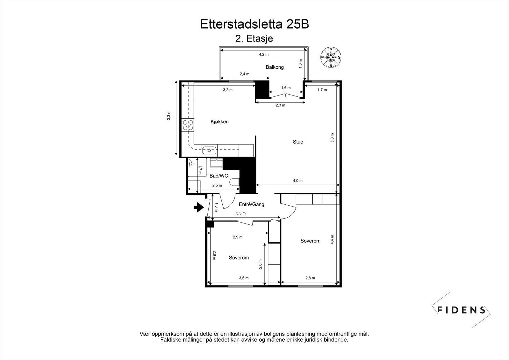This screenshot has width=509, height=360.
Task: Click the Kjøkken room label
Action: (x=220, y=122)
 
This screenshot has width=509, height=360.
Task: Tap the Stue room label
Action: (x=298, y=142)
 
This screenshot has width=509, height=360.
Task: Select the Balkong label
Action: (x=275, y=67)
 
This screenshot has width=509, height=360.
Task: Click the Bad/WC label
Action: (x=219, y=176)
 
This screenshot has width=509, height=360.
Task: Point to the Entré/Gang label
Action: (x=252, y=204)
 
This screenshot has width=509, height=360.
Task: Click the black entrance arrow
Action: (x=199, y=208)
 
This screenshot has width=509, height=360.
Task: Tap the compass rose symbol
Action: (x=331, y=58)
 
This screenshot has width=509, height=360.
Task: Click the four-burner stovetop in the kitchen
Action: (x=187, y=125)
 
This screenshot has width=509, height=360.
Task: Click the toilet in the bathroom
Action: (x=235, y=182)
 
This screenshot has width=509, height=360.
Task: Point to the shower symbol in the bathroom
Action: (x=191, y=163)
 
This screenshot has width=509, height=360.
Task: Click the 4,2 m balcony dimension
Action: (x=263, y=54)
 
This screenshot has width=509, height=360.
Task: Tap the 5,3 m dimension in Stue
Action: (x=332, y=138)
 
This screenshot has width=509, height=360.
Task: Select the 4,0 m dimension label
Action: (x=297, y=181)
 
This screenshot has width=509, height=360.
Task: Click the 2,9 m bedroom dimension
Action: (x=237, y=237)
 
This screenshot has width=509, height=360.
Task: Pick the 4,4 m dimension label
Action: (x=332, y=239)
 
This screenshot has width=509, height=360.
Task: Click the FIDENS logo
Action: (x=462, y=310)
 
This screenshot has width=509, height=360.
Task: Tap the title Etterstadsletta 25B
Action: (x=254, y=25)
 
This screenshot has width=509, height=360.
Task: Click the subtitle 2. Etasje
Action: (x=254, y=39)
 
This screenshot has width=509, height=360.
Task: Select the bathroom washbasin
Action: (x=216, y=163)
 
